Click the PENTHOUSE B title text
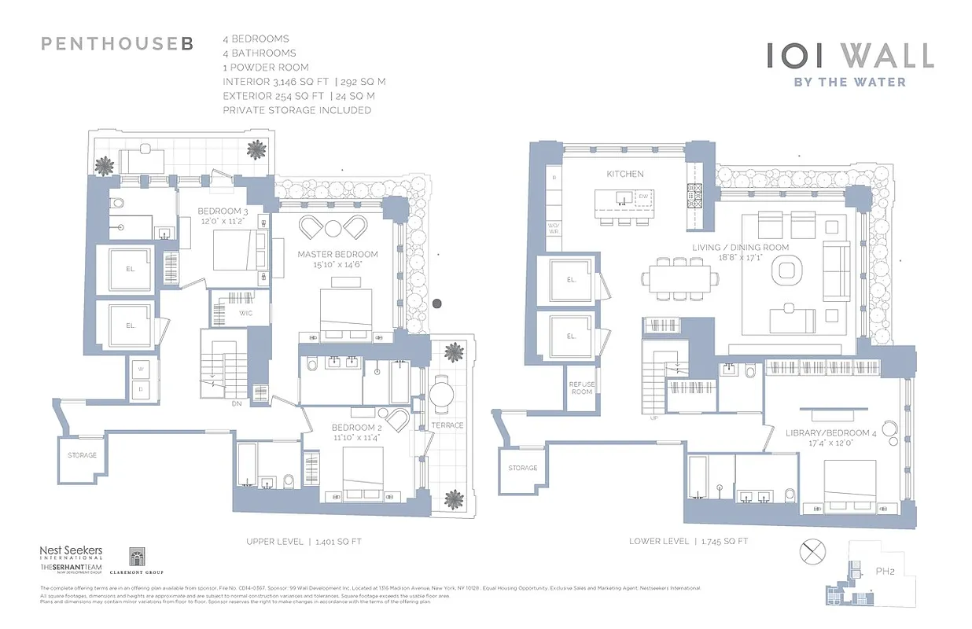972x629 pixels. point(116,44)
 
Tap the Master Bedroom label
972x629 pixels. point(337,254)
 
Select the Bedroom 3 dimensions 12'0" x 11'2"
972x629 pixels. point(223,222)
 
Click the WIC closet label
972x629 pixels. point(245,314)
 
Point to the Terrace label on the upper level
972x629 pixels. point(448,425)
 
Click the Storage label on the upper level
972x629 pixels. point(82,455)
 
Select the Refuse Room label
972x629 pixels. point(581,388)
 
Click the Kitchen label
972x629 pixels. point(625,174)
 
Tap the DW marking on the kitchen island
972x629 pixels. point(642,197)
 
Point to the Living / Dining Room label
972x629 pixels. point(741,247)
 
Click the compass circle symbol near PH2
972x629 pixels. point(810,552)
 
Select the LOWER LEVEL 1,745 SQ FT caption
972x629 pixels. point(688,541)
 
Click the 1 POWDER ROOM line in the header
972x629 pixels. point(266,68)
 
